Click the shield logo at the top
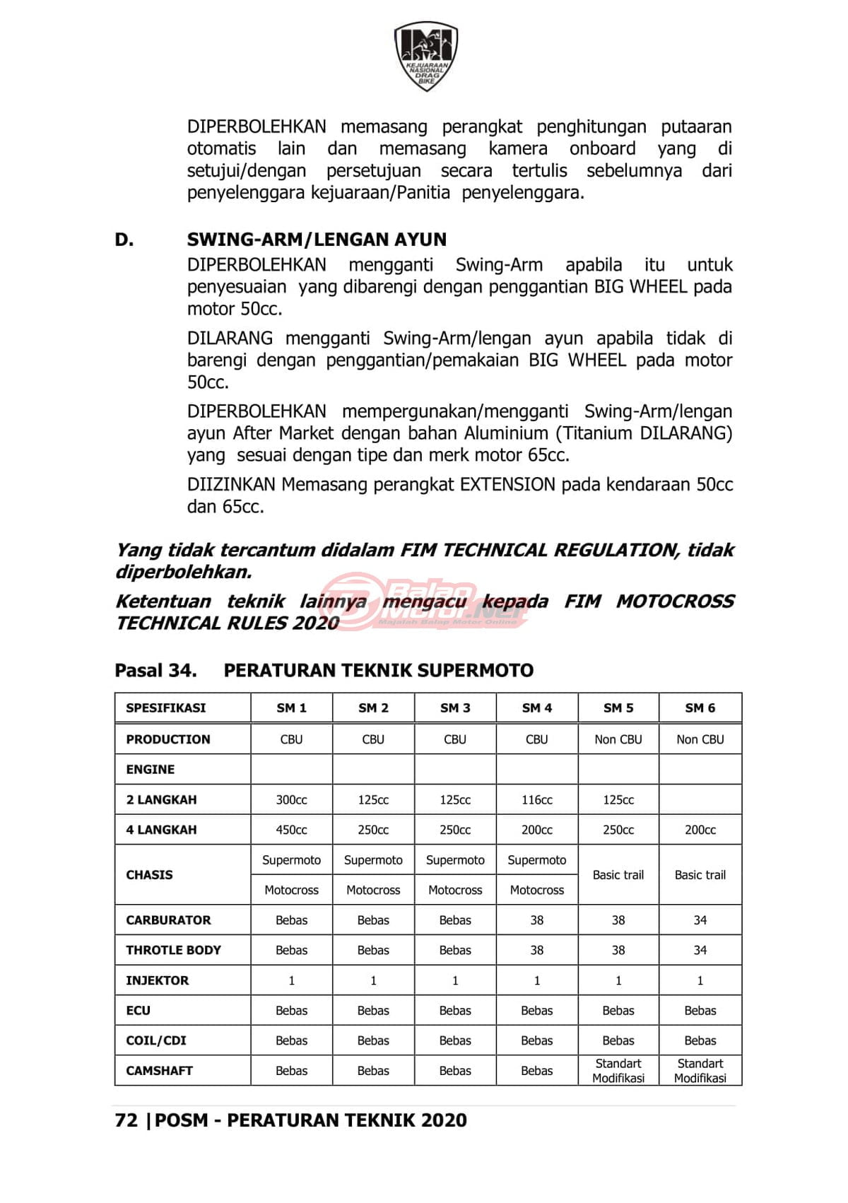425,56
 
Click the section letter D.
124,240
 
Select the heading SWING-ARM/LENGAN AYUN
317,240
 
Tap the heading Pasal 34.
155,670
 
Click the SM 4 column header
537,708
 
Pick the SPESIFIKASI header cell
166,708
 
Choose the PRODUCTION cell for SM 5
618,739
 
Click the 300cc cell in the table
291,799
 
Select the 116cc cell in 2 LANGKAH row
537,799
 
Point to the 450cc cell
291,830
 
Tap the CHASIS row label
149,874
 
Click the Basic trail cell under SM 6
700,874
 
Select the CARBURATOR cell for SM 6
700,920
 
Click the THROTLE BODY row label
173,950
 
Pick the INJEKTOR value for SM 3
455,980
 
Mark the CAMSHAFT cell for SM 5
618,1070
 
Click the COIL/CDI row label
156,1040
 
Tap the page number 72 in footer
126,1120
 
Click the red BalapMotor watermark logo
424,602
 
